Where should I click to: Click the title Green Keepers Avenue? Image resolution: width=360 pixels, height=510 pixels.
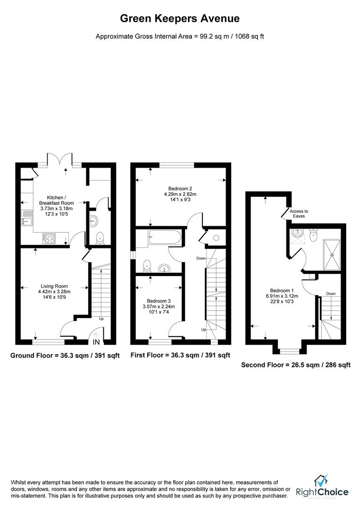pyautogui.click(x=180, y=19)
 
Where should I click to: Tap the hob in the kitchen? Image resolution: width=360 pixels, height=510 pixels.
pyautogui.click(x=49, y=238)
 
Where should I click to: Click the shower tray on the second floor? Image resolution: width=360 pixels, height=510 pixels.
pyautogui.click(x=333, y=253)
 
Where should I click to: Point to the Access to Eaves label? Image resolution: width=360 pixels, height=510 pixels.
pyautogui.click(x=299, y=213)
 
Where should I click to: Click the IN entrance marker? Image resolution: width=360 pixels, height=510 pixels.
pyautogui.click(x=96, y=342)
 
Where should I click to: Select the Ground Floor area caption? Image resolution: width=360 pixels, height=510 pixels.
pyautogui.click(x=65, y=356)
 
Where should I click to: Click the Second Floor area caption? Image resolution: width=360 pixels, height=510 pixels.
pyautogui.click(x=295, y=365)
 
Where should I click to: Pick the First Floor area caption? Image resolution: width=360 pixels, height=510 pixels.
pyautogui.click(x=180, y=356)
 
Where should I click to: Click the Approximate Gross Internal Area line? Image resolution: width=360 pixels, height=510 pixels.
pyautogui.click(x=180, y=36)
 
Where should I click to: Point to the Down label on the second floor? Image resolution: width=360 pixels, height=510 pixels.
pyautogui.click(x=331, y=293)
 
